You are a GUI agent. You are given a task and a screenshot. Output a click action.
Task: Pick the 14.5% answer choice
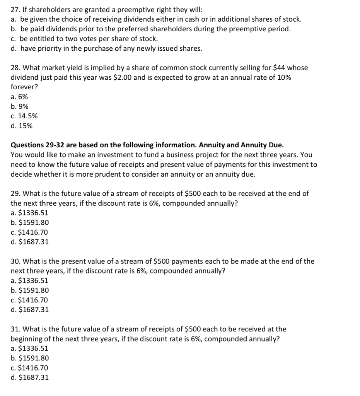click(24, 116)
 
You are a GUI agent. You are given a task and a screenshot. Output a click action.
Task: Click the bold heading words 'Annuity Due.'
click(262, 145)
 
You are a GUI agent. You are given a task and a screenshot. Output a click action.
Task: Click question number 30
click(16, 261)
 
